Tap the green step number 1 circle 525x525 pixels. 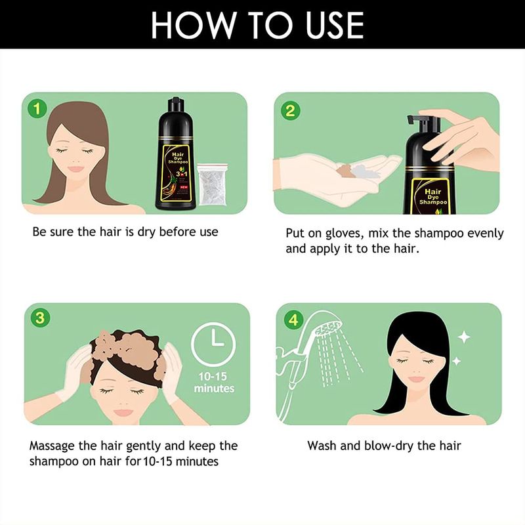(37, 109)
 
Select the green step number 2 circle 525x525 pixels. (290, 111)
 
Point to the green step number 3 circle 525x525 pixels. (40, 318)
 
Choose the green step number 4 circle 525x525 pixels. (293, 320)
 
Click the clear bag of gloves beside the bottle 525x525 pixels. (213, 184)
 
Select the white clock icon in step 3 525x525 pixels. (213, 345)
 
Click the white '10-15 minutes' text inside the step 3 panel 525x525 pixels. (214, 383)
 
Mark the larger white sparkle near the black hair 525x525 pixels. (464, 337)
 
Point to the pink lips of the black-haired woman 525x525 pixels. (417, 379)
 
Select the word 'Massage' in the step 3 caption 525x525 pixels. (52, 447)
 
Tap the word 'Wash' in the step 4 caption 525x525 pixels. (322, 446)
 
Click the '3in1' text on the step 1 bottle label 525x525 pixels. (182, 174)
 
